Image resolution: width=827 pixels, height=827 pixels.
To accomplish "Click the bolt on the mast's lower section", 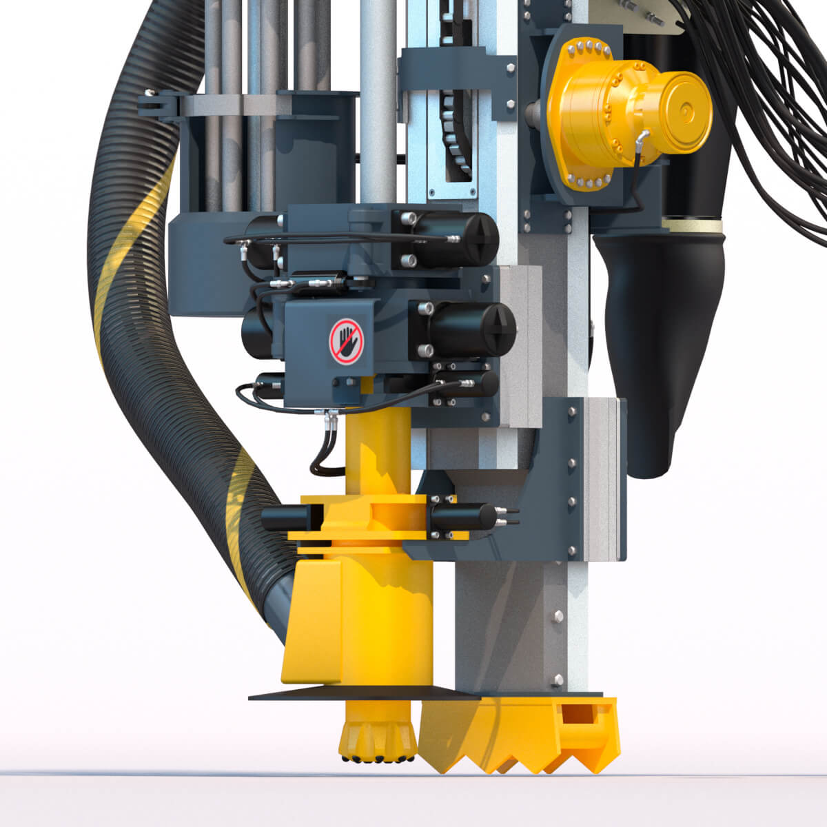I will tap(558, 615).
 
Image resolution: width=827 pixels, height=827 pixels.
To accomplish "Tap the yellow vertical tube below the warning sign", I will tap(376, 448).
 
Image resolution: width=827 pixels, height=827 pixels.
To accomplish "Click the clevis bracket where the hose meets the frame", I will tap(155, 105).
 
